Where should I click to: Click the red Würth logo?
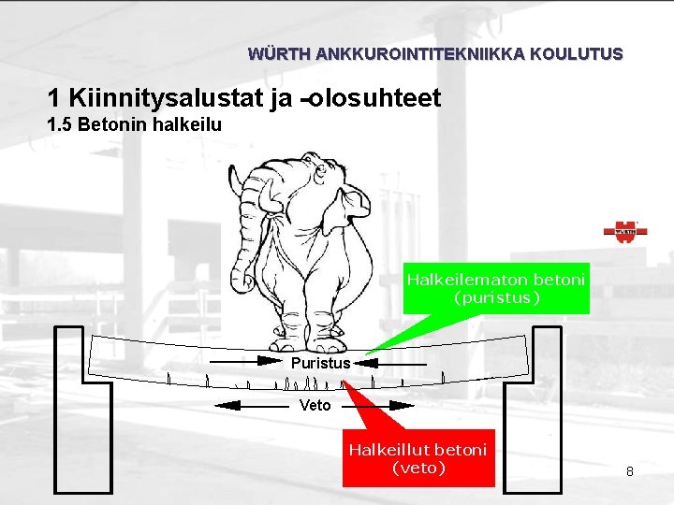(625, 232)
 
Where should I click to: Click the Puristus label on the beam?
(320, 363)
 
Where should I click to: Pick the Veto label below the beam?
(315, 405)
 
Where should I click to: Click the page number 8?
(630, 471)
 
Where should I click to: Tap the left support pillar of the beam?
(71, 411)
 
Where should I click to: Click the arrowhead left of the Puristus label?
(271, 360)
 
